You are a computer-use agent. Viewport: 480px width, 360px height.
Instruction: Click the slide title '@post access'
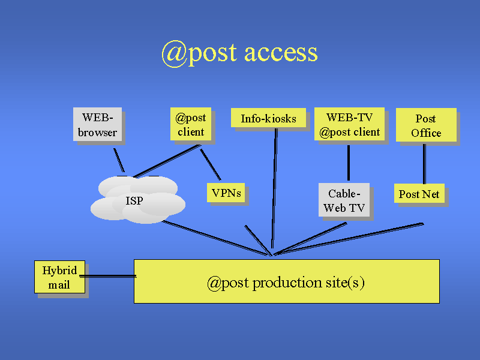239,53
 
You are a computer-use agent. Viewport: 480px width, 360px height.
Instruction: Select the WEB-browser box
97,124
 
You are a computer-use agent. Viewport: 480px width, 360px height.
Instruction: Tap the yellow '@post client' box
190,125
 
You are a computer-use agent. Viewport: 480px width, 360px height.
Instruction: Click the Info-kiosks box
268,118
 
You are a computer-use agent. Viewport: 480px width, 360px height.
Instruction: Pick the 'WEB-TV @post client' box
349,124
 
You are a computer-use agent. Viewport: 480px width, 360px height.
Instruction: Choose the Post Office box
425,125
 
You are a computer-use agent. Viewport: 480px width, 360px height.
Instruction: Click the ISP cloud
137,200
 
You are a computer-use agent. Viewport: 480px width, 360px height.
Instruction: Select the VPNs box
226,193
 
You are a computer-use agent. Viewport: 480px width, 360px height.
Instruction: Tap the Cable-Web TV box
344,200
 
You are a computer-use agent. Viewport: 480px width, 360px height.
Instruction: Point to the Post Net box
419,193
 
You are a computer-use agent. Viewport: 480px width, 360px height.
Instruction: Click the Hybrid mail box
59,277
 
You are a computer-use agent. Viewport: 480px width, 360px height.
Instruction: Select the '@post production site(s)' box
286,281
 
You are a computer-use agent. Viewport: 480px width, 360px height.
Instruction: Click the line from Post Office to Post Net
424,163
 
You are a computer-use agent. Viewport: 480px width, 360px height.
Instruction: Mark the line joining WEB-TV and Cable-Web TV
349,162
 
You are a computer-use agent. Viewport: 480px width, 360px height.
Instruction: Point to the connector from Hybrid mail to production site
108,276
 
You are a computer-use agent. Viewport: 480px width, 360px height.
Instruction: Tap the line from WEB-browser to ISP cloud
119,160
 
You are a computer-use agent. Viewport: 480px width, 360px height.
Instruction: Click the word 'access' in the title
281,53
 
